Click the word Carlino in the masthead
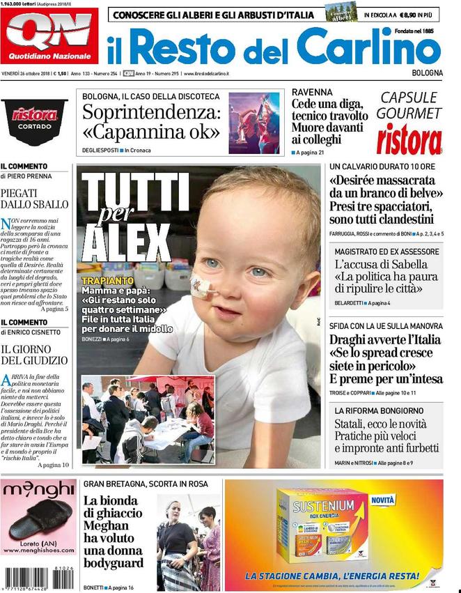pyautogui.click(x=369, y=47)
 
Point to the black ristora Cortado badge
pyautogui.click(x=34, y=120)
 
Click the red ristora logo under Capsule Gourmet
pyautogui.click(x=409, y=139)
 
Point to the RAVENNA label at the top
pyautogui.click(x=312, y=92)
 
